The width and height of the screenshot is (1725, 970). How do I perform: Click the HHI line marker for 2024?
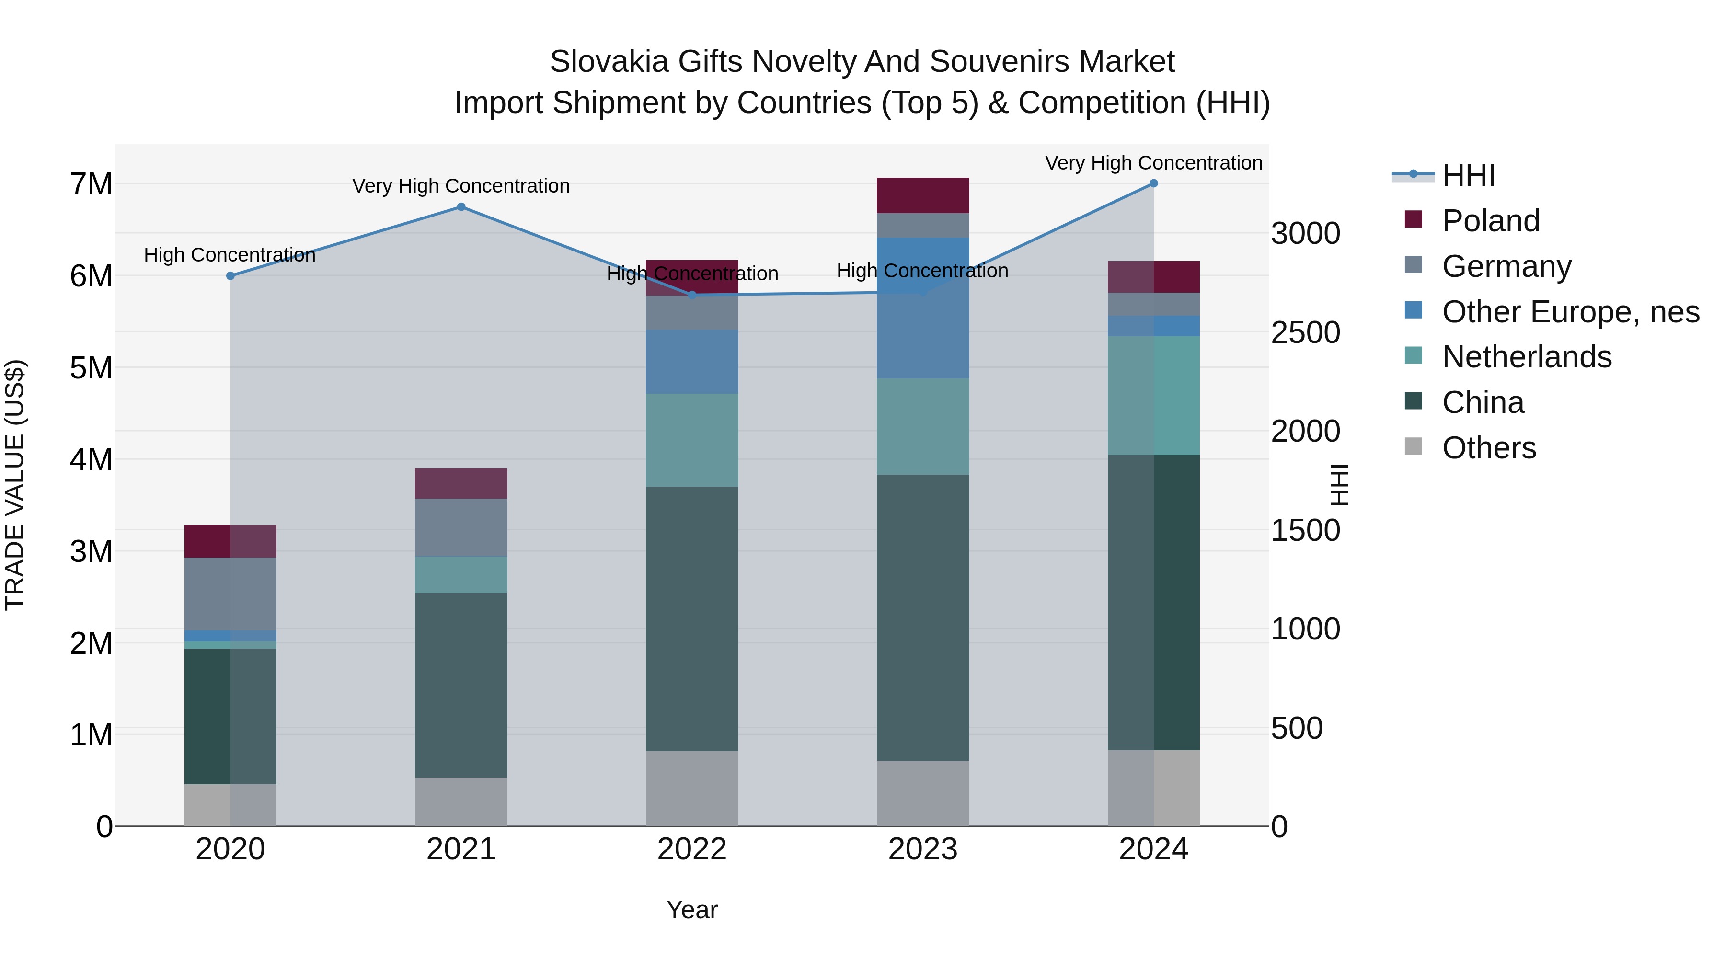1153,183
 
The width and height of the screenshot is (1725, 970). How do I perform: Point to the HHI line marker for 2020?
230,276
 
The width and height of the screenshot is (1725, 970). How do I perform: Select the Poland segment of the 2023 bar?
923,195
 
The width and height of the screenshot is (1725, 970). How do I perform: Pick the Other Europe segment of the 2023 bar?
923,308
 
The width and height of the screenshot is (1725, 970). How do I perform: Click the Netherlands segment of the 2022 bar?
692,440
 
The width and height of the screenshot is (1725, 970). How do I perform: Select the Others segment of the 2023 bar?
923,793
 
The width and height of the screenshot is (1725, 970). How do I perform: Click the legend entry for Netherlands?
1526,357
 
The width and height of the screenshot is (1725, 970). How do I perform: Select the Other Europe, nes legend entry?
1570,312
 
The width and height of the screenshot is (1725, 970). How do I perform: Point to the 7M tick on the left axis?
92,184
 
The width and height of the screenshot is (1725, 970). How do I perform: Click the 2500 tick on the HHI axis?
1305,333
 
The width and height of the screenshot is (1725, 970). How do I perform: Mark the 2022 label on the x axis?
692,849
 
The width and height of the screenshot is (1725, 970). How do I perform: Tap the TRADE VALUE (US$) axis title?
15,485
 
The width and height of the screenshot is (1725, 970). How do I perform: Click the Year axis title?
692,910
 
